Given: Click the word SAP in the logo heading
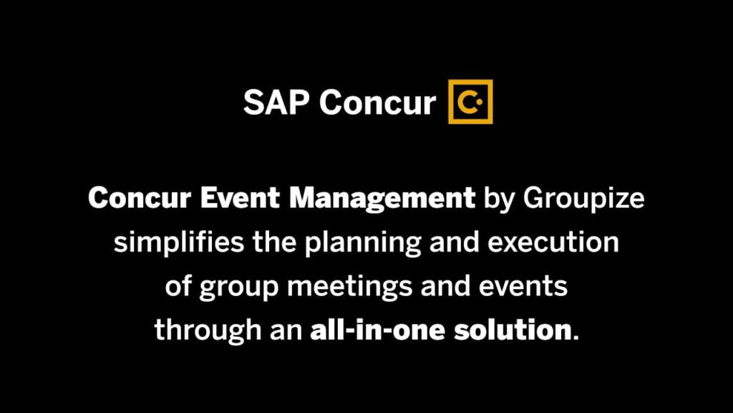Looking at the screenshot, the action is click(x=276, y=102).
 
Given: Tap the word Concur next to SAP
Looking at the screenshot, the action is click(x=377, y=102).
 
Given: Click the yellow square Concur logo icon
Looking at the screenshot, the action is click(x=470, y=102).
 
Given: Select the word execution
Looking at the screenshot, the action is click(x=553, y=242).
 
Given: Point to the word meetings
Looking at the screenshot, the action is click(x=349, y=287).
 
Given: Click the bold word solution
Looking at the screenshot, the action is click(x=513, y=330).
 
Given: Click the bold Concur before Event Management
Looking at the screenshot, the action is click(x=140, y=198).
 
